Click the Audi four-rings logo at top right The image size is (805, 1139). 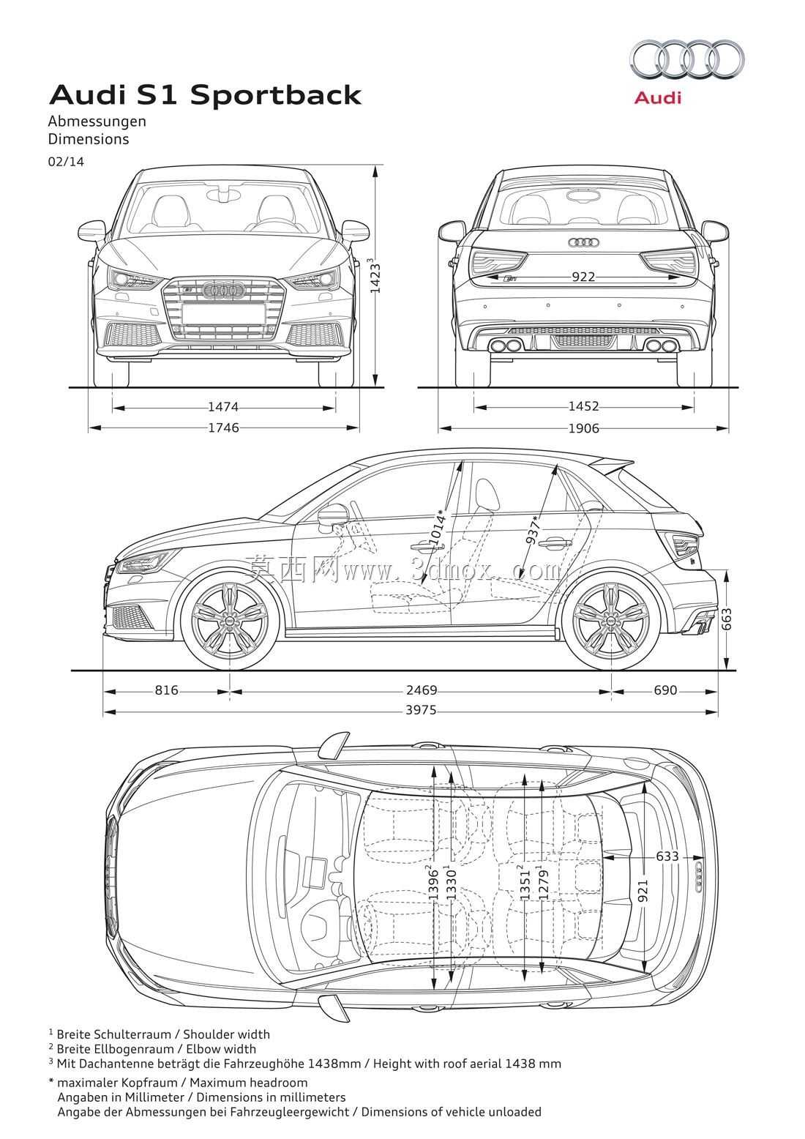[x=686, y=61]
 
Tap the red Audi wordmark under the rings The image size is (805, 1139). [x=658, y=97]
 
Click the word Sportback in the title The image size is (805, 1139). [x=276, y=96]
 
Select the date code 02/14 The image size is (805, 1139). [x=66, y=162]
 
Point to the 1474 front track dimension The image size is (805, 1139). [x=223, y=407]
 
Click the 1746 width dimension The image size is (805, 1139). [x=224, y=427]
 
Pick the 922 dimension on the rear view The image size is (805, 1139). [x=583, y=277]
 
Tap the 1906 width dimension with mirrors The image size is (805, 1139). [x=583, y=428]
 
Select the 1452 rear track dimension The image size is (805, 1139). [x=583, y=406]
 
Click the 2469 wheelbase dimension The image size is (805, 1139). [x=422, y=690]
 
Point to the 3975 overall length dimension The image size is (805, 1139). [x=421, y=710]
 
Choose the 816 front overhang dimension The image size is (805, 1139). [x=167, y=690]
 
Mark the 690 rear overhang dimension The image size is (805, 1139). [x=665, y=690]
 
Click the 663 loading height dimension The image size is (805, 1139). [x=727, y=619]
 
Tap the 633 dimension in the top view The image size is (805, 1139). [x=667, y=856]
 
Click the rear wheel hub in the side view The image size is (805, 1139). [x=611, y=621]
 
